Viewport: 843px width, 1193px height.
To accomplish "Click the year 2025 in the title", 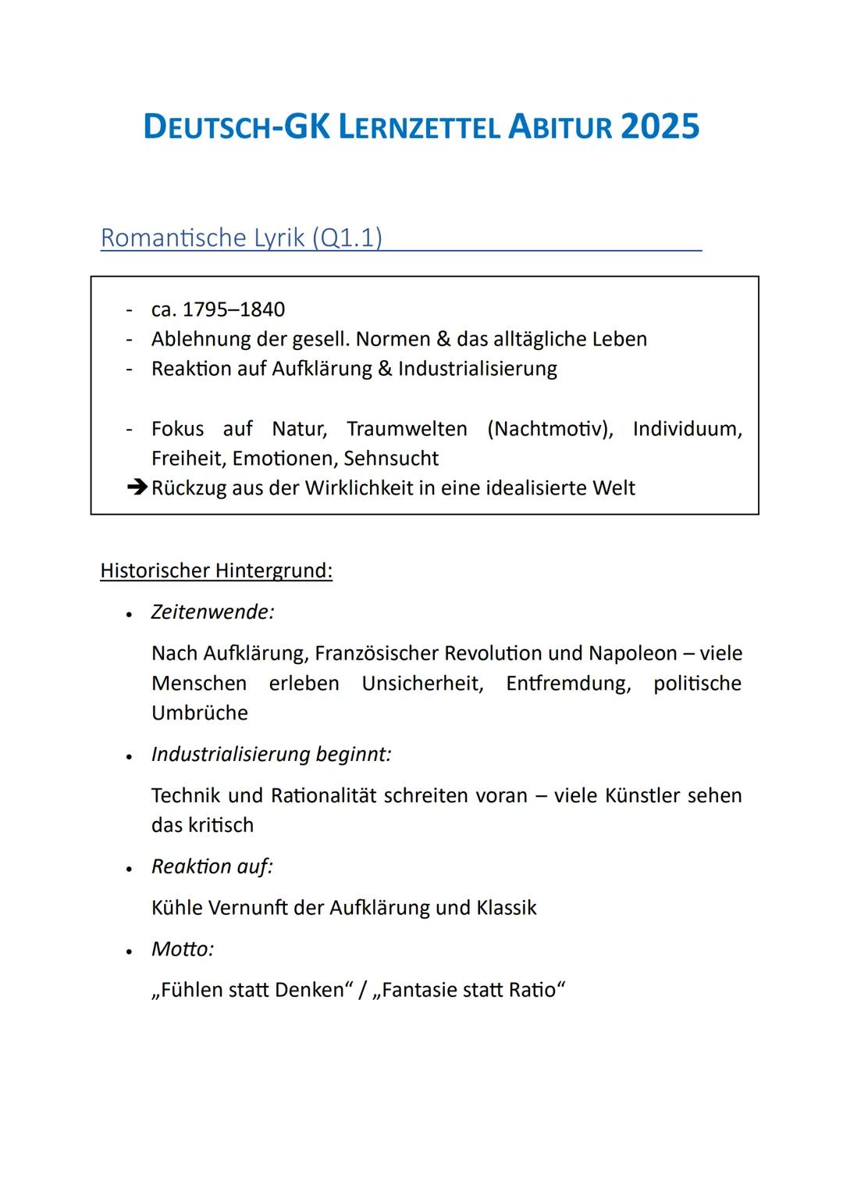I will pos(660,127).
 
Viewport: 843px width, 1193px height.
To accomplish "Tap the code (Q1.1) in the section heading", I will pos(347,238).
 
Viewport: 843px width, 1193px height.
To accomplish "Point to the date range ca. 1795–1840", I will pos(218,309).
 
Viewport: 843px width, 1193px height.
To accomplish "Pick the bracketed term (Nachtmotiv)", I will pos(550,429).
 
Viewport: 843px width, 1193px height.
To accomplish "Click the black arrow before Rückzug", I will pos(137,488).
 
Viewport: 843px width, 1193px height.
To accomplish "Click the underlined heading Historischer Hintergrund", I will pos(216,571).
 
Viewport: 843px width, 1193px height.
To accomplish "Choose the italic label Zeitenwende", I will pos(212,612).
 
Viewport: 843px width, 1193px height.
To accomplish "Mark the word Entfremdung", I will pos(568,684).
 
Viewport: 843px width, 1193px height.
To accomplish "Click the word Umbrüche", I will pos(200,713).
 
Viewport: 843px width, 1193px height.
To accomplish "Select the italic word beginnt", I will pos(353,755).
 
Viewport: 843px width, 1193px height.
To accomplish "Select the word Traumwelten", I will pos(407,429).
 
